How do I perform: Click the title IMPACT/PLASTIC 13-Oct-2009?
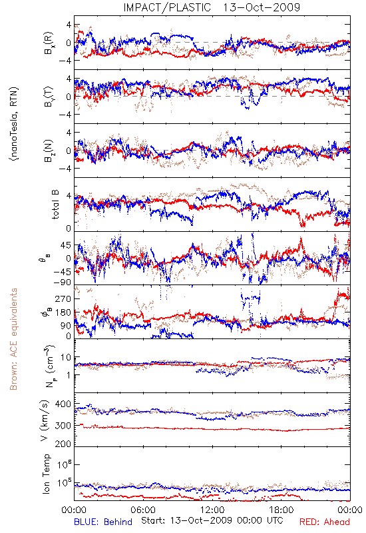point(212,7)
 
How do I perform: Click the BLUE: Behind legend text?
point(103,522)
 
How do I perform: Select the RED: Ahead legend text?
point(324,522)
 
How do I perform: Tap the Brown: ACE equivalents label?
point(13,339)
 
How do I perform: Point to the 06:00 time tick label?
point(143,510)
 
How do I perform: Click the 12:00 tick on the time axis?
point(212,510)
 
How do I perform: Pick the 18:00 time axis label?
point(281,510)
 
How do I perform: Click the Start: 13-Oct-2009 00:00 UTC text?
point(212,520)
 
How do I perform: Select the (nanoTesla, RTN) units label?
point(14,123)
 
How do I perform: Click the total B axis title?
point(55,204)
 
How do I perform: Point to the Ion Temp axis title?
point(46,474)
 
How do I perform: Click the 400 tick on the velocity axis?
point(63,404)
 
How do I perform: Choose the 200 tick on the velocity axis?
point(63,443)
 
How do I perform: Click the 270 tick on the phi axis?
point(63,298)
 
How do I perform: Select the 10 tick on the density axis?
point(66,357)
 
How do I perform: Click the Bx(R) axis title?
point(48,43)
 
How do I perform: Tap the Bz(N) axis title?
point(48,151)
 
